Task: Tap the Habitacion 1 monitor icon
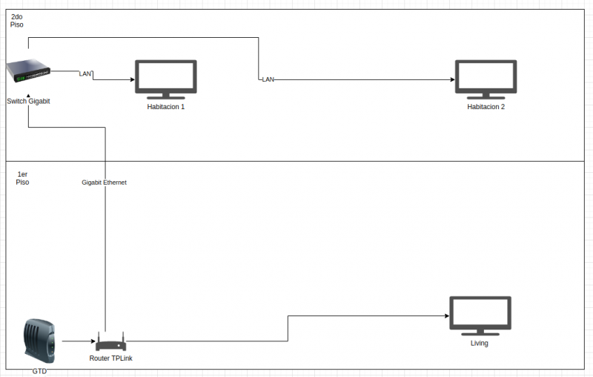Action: (165, 79)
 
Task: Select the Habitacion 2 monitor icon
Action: (486, 79)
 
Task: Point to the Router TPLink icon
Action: (110, 344)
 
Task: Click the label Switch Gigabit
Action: (28, 101)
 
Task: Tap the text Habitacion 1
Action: (165, 107)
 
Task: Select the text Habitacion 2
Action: (486, 107)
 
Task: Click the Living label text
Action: (480, 344)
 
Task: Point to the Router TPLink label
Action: (110, 358)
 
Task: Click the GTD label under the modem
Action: (39, 370)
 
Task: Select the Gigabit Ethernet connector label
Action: (105, 182)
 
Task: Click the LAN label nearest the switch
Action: (85, 73)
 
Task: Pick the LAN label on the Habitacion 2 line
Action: (268, 79)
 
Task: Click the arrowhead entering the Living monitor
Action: (446, 316)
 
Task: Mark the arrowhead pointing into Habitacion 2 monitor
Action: (451, 79)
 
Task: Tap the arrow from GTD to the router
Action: (77, 342)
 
